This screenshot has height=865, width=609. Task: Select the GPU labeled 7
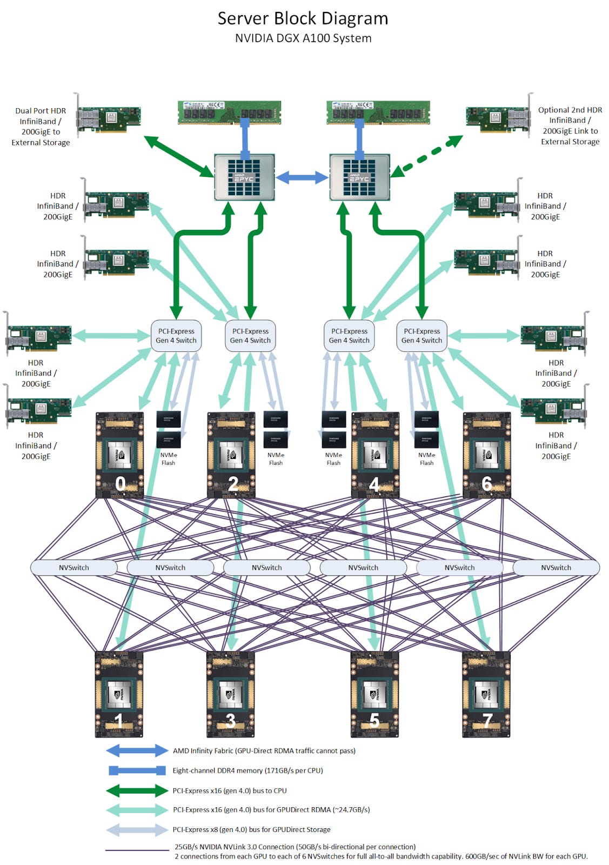pos(486,694)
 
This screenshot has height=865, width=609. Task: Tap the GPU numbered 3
pos(230,694)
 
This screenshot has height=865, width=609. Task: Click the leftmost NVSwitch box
pos(74,568)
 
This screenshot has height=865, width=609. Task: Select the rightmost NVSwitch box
pos(556,568)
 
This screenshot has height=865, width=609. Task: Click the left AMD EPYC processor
pos(244,177)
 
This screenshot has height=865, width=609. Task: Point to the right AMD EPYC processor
pos(359,177)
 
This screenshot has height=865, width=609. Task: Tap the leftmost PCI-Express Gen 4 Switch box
pos(176,336)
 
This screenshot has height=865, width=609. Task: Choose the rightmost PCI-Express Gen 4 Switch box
pos(421,336)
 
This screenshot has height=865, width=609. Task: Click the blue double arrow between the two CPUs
pos(302,177)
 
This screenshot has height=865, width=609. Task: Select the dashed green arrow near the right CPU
pos(427,156)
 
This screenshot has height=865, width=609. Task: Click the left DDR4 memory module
pos(229,112)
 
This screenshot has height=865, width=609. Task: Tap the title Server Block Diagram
pos(303,18)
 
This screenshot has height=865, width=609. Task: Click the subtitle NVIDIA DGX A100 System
pos(303,38)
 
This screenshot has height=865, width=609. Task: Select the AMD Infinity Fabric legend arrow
pos(137,750)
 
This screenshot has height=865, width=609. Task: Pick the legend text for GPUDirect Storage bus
pos(251,829)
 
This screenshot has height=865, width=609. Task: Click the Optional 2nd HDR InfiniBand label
pos(570,125)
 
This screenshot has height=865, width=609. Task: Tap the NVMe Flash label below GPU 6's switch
pos(426,459)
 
